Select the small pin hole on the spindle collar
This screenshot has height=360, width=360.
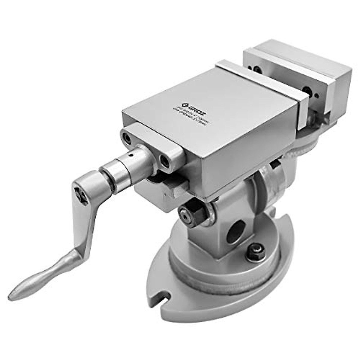point(130,156)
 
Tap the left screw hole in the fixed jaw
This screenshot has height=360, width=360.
point(257,70)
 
